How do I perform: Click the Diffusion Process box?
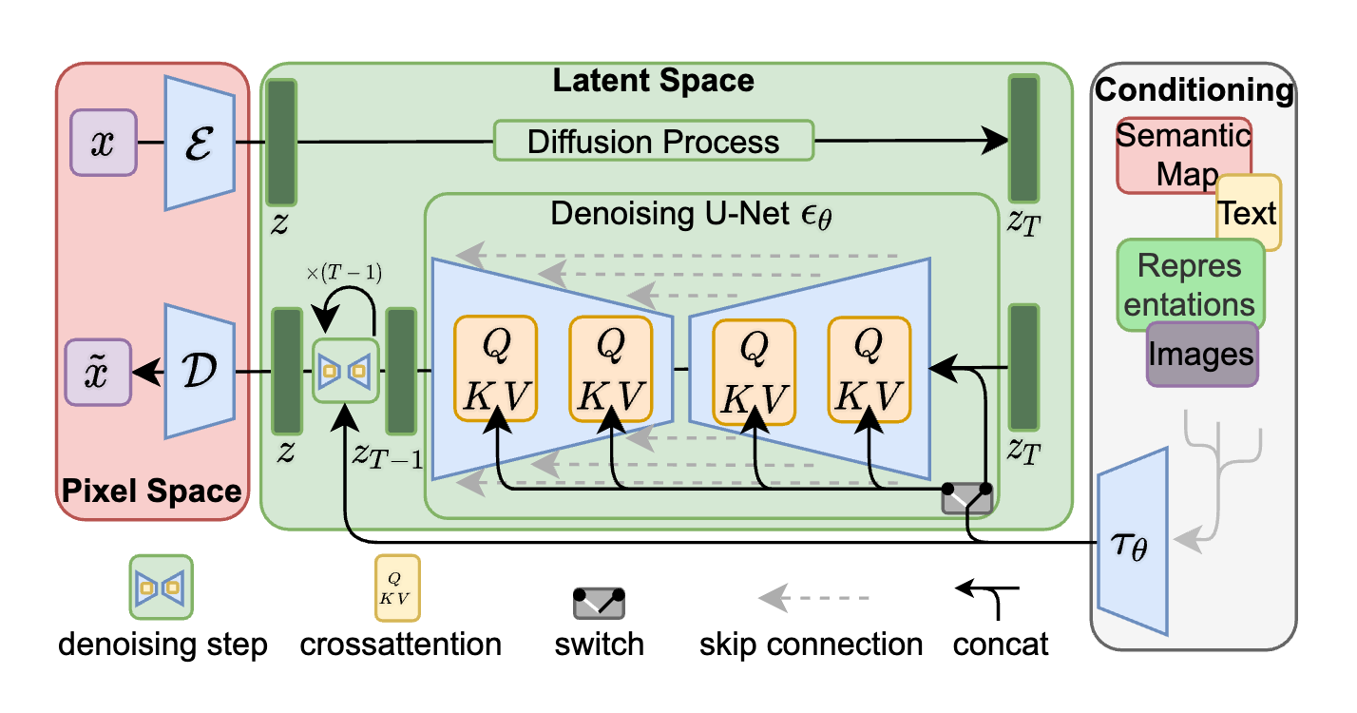tap(654, 142)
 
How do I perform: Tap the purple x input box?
tap(104, 143)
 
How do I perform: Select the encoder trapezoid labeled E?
tap(200, 142)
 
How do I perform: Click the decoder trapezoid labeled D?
tap(200, 372)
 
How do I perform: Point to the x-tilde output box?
tap(98, 372)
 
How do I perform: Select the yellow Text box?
tap(1249, 212)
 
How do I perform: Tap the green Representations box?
tap(1190, 283)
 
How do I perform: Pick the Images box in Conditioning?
tap(1202, 354)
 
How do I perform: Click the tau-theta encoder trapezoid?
tap(1132, 552)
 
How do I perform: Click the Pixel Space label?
tap(152, 491)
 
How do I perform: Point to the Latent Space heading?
tap(654, 81)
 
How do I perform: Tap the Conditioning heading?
tap(1195, 90)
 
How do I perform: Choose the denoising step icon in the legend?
tap(162, 588)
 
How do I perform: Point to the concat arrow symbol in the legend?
tap(988, 597)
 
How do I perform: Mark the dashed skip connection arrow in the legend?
tap(812, 599)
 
